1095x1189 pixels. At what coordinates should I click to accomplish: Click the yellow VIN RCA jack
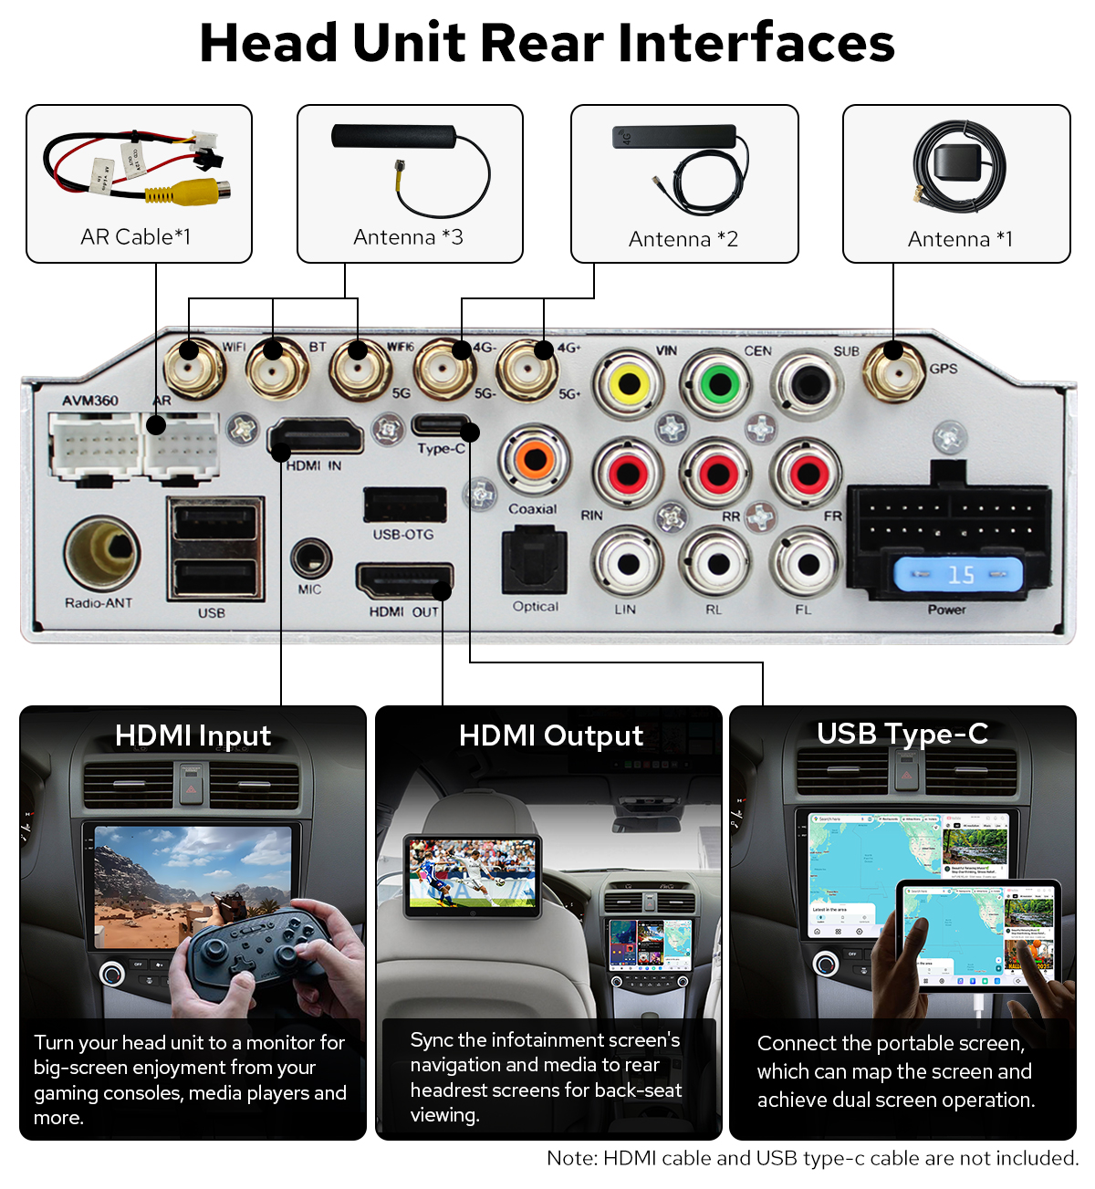click(x=629, y=384)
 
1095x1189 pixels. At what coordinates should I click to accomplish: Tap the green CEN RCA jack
click(x=719, y=384)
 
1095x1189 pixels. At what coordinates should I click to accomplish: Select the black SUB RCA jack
click(x=808, y=384)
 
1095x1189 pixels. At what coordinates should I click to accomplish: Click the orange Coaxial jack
click(x=535, y=459)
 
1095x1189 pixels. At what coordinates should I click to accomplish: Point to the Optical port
click(x=535, y=560)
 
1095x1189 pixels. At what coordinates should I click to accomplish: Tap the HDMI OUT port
click(x=403, y=581)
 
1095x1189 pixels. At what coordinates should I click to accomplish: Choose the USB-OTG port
click(x=404, y=505)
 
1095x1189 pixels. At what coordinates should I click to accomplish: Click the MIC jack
click(x=310, y=558)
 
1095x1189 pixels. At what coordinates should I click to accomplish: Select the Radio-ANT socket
click(x=101, y=552)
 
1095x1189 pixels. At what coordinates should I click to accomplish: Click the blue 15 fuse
click(x=957, y=575)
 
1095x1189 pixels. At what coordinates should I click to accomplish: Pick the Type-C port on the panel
click(x=442, y=425)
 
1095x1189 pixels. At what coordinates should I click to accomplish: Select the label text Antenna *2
click(x=683, y=239)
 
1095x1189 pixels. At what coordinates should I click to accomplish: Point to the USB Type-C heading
click(x=902, y=734)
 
